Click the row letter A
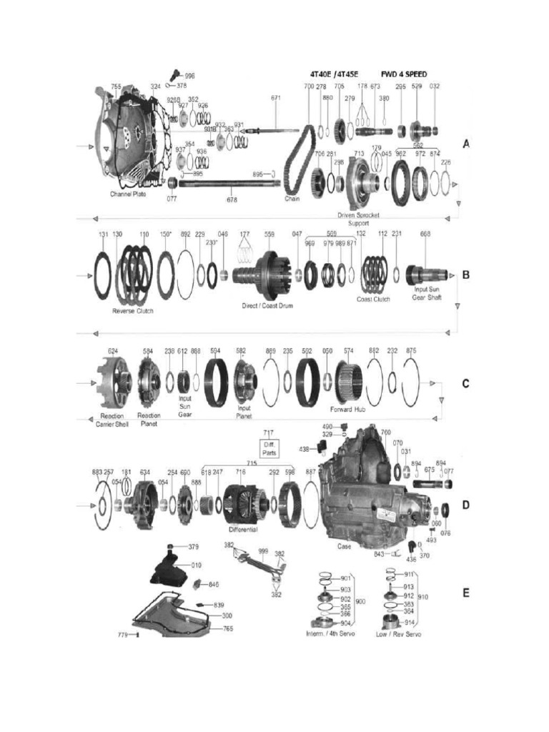[x=465, y=144]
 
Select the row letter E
[x=465, y=593]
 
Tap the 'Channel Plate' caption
[x=132, y=194]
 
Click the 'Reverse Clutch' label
[x=134, y=311]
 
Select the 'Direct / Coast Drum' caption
[x=267, y=305]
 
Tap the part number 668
[x=425, y=234]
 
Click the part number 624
[x=112, y=351]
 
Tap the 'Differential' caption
[x=243, y=530]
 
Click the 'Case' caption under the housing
[x=344, y=546]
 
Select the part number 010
[x=196, y=565]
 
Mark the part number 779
[x=123, y=633]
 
